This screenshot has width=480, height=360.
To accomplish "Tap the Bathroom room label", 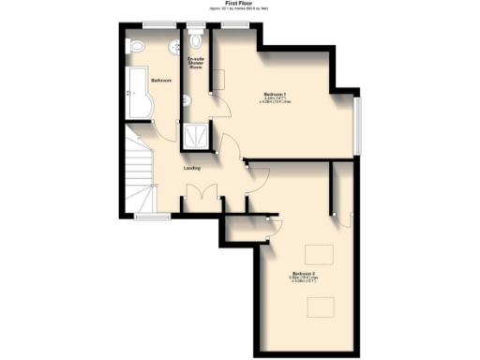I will click(x=161, y=81).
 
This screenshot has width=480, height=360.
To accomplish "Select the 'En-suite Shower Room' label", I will click(x=196, y=63).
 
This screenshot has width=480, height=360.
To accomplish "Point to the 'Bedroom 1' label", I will click(x=275, y=97).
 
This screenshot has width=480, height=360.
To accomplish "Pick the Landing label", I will click(x=191, y=168).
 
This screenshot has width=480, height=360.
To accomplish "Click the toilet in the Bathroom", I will click(x=134, y=45).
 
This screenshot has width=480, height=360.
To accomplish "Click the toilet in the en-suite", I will click(x=195, y=40).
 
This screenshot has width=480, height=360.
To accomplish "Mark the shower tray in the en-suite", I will click(x=198, y=135).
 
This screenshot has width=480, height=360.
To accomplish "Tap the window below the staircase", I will click(x=146, y=216).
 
